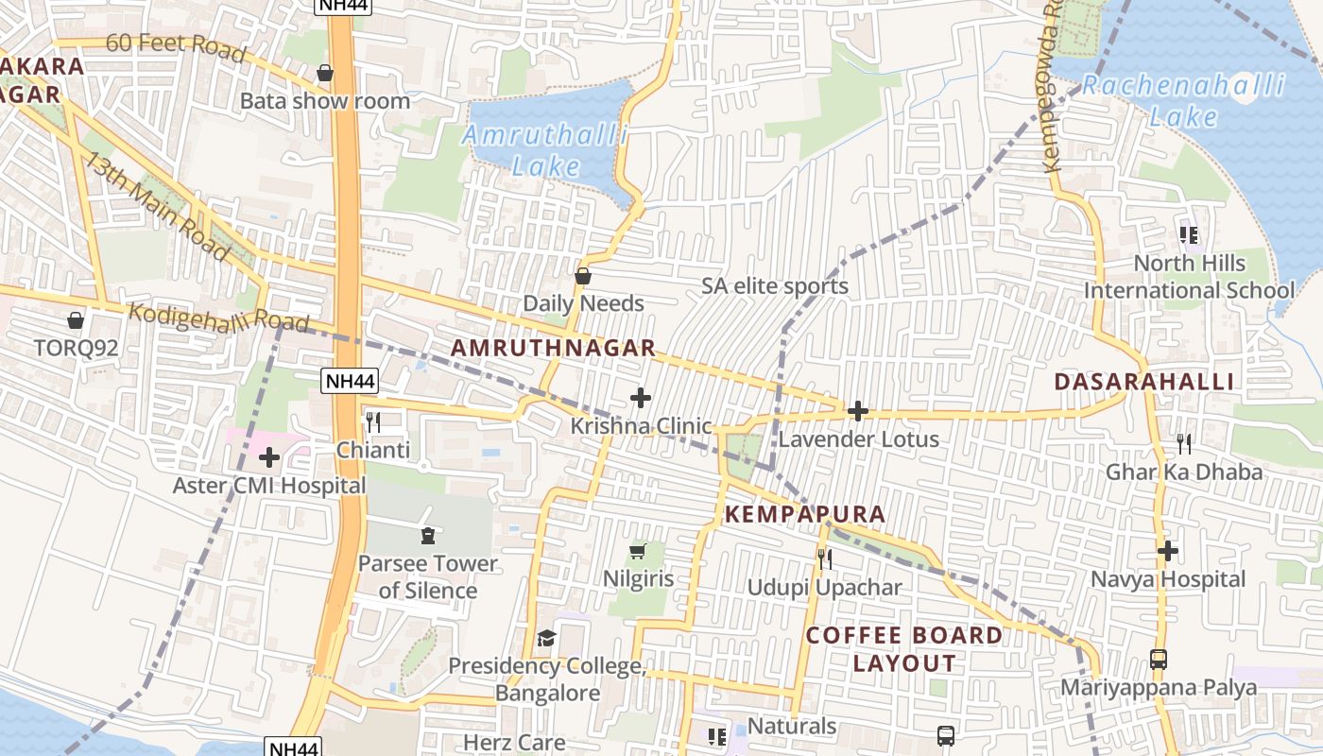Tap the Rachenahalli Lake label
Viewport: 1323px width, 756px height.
pyautogui.click(x=1183, y=101)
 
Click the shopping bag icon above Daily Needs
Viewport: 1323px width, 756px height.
pyautogui.click(x=583, y=276)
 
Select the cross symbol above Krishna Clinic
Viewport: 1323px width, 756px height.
pyautogui.click(x=641, y=398)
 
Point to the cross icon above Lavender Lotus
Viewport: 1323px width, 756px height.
pyautogui.click(x=858, y=411)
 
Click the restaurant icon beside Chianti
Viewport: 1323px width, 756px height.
pyautogui.click(x=373, y=421)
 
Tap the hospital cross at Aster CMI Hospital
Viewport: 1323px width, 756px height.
pyautogui.click(x=269, y=458)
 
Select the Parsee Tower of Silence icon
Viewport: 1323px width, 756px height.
pyautogui.click(x=427, y=536)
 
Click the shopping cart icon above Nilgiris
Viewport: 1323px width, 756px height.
pyautogui.click(x=638, y=551)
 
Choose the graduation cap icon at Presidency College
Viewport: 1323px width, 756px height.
pyautogui.click(x=546, y=639)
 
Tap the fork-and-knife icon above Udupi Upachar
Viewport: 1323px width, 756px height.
pyautogui.click(x=825, y=559)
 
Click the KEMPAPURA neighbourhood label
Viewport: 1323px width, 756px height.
pyautogui.click(x=805, y=515)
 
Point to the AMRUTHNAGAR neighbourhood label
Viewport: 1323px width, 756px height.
pyautogui.click(x=553, y=348)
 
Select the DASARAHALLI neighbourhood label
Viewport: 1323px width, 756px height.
pyautogui.click(x=1143, y=382)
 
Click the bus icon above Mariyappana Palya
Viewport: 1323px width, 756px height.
pyautogui.click(x=1159, y=659)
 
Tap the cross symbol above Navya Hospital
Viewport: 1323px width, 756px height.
pyautogui.click(x=1168, y=551)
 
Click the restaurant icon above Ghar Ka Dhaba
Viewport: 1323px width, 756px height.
pyautogui.click(x=1183, y=443)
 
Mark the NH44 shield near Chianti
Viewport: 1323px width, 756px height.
pyautogui.click(x=350, y=382)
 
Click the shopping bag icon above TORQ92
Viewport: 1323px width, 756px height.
pyautogui.click(x=76, y=320)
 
